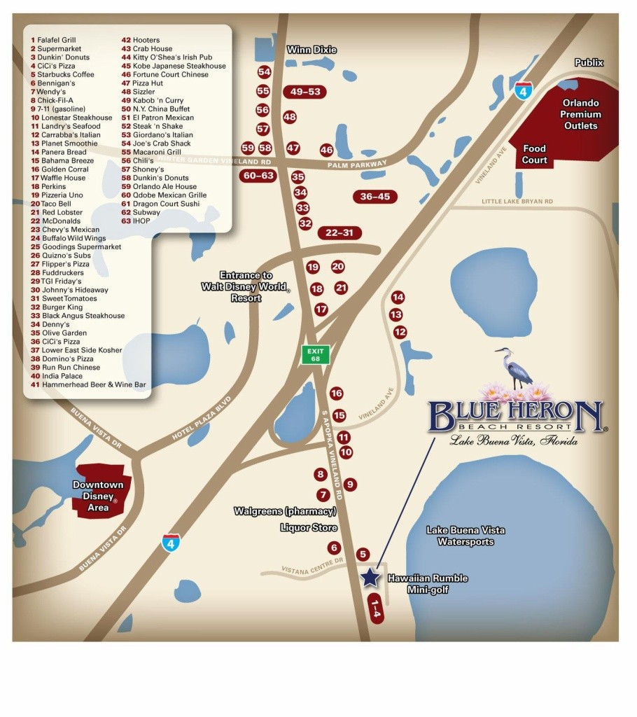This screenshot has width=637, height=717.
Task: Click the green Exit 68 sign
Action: point(315,354)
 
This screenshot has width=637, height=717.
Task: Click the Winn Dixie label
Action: point(311,50)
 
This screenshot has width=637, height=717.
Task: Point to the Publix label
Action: point(589,62)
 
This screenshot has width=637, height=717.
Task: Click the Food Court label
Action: point(534,154)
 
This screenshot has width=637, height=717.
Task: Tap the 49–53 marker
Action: point(304,92)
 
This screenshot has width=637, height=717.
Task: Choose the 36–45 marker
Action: point(375,197)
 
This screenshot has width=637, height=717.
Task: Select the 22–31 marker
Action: point(339,232)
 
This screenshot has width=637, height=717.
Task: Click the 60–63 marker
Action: point(257,176)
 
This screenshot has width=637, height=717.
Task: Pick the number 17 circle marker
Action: point(321,309)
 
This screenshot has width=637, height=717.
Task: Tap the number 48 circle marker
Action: point(289,117)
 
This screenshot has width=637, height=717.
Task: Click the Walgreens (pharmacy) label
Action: point(286,512)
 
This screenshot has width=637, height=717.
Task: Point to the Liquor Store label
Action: point(309,528)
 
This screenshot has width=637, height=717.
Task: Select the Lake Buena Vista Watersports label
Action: point(465,536)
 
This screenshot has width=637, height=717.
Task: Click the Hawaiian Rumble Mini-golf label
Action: point(427,584)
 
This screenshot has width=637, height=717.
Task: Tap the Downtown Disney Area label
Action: point(99,496)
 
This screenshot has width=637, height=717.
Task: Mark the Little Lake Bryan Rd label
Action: point(517,202)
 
